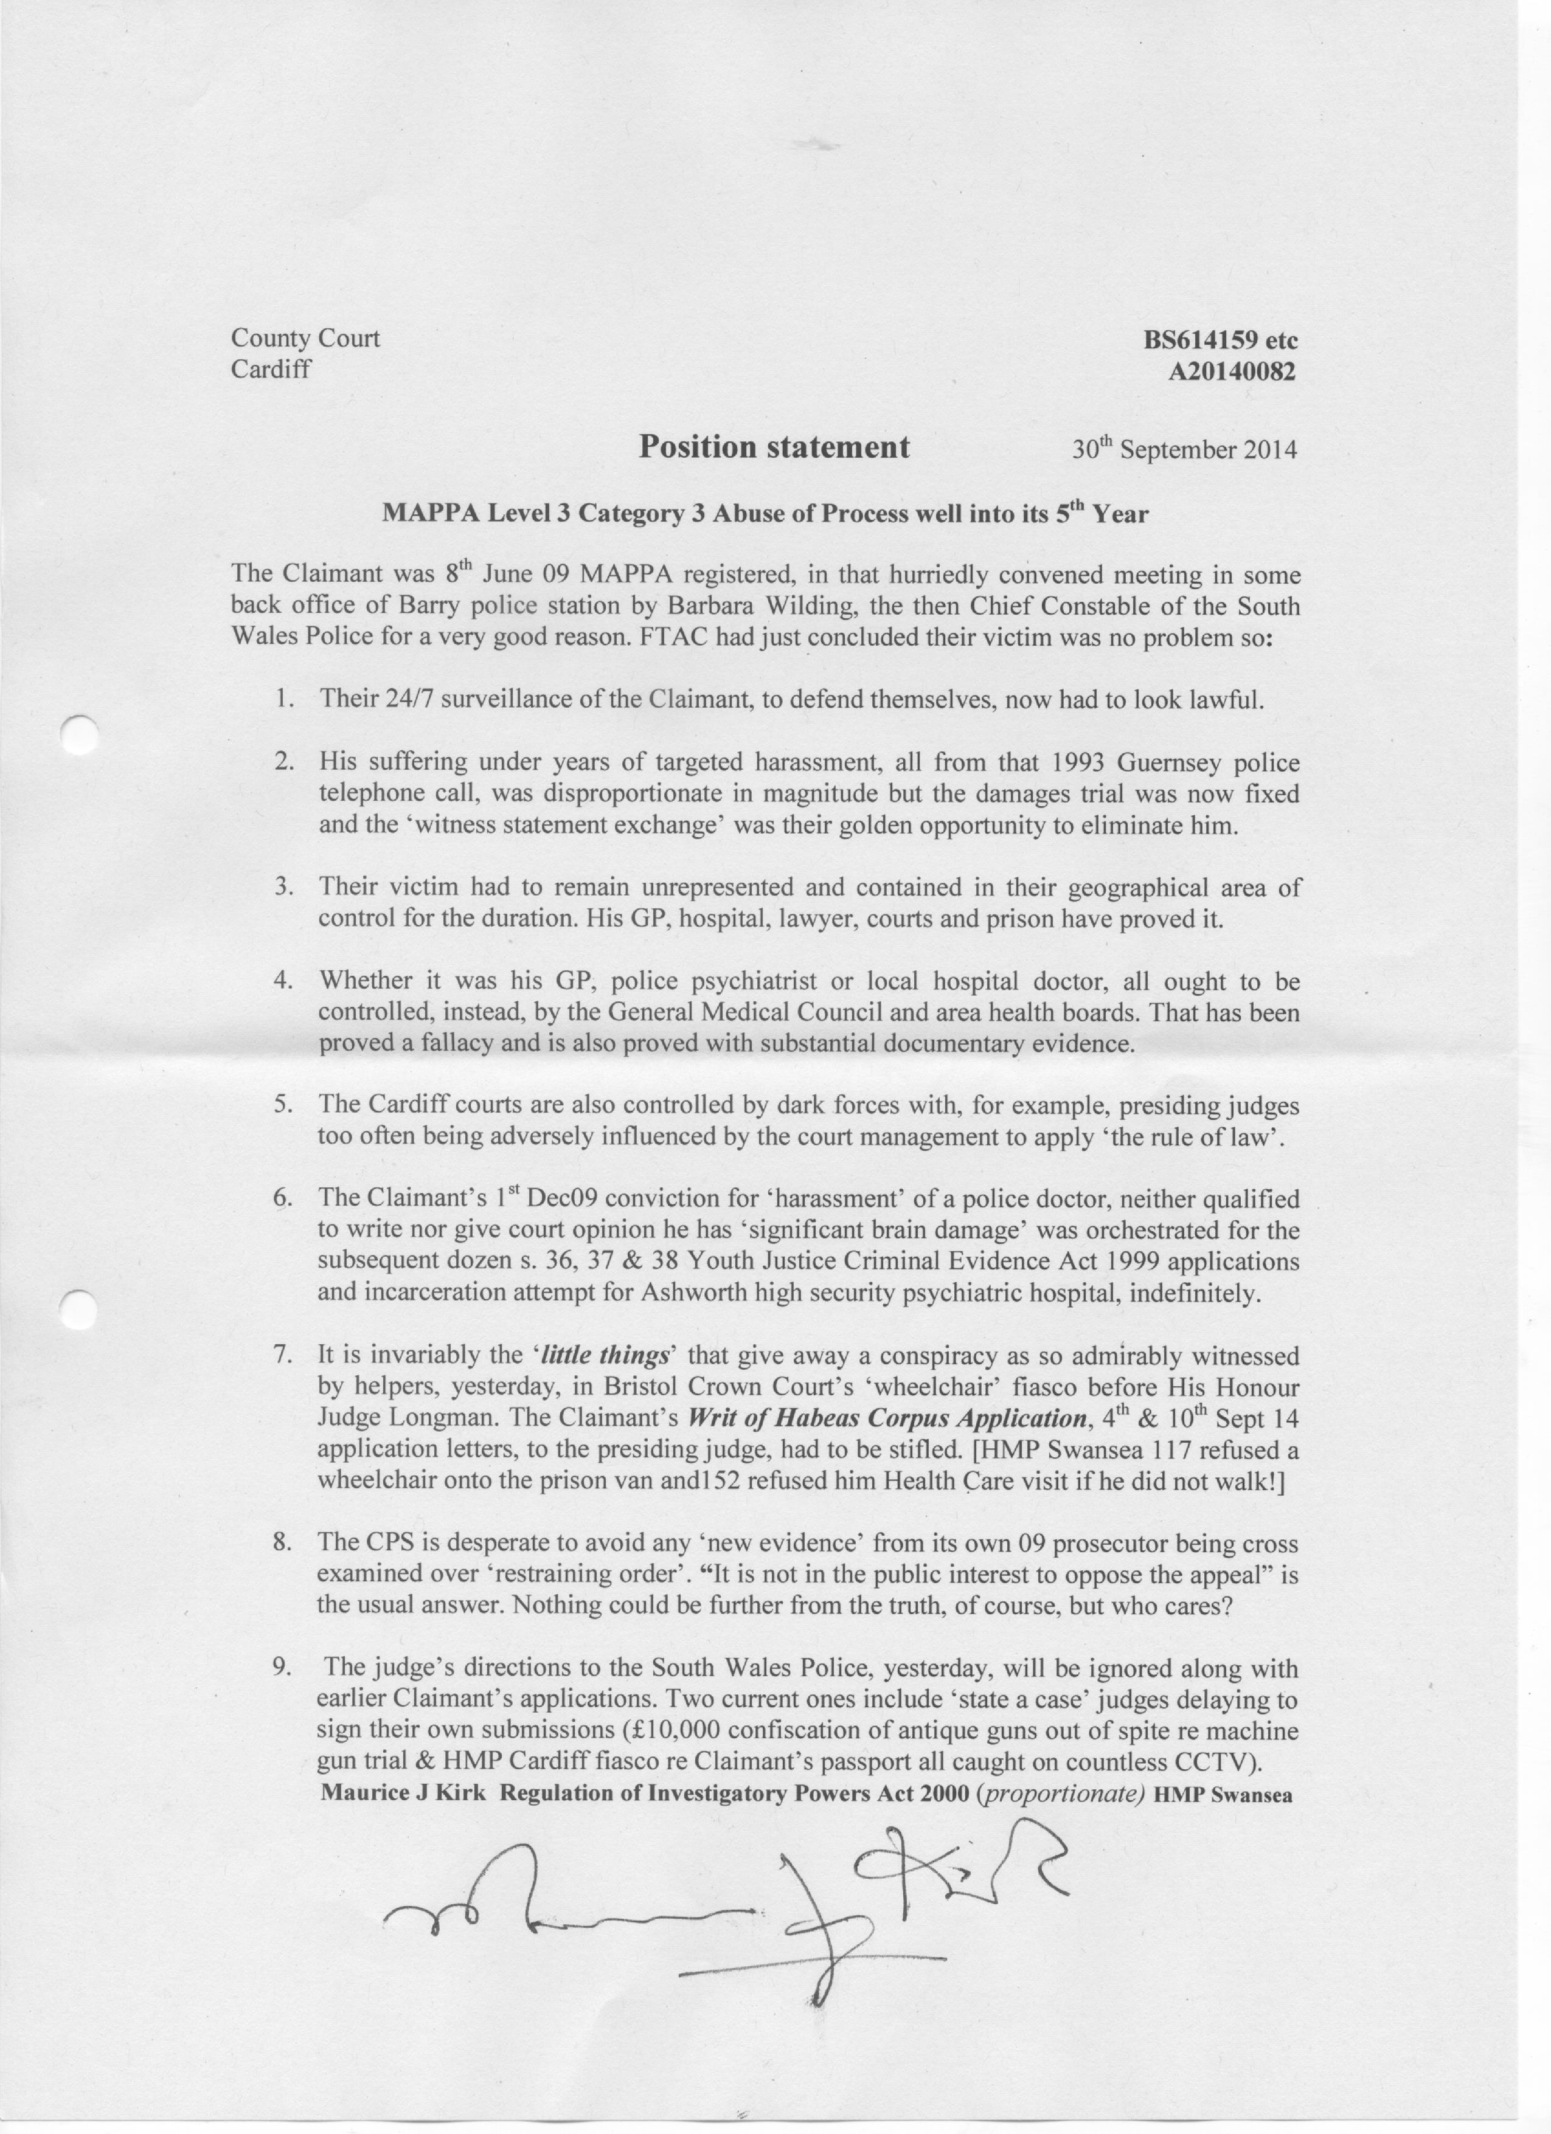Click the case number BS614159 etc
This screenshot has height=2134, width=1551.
coord(1220,340)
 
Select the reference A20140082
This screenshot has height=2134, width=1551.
coord(1231,373)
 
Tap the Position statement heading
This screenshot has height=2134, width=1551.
coord(774,446)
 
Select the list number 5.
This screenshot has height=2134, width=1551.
coord(282,1105)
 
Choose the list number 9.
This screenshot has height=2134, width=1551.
coord(280,1668)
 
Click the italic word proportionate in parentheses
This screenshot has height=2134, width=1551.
coord(1061,1794)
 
